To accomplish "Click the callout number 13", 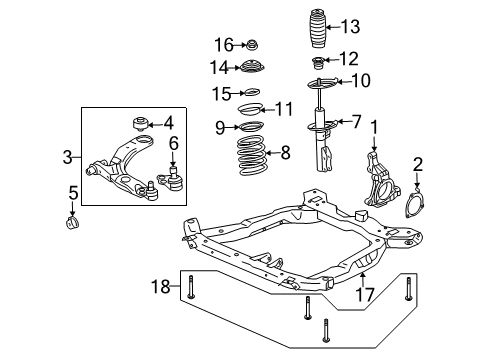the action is pyautogui.click(x=350, y=27).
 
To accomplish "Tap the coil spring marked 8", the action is pyautogui.click(x=252, y=156).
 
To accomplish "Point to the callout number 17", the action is pyautogui.click(x=365, y=294).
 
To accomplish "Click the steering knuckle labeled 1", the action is pyautogui.click(x=381, y=180).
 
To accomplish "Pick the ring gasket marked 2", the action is pyautogui.click(x=417, y=204).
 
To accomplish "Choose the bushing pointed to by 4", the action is pyautogui.click(x=140, y=123).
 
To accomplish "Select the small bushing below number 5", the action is pyautogui.click(x=72, y=223).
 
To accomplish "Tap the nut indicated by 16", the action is pyautogui.click(x=253, y=45).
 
